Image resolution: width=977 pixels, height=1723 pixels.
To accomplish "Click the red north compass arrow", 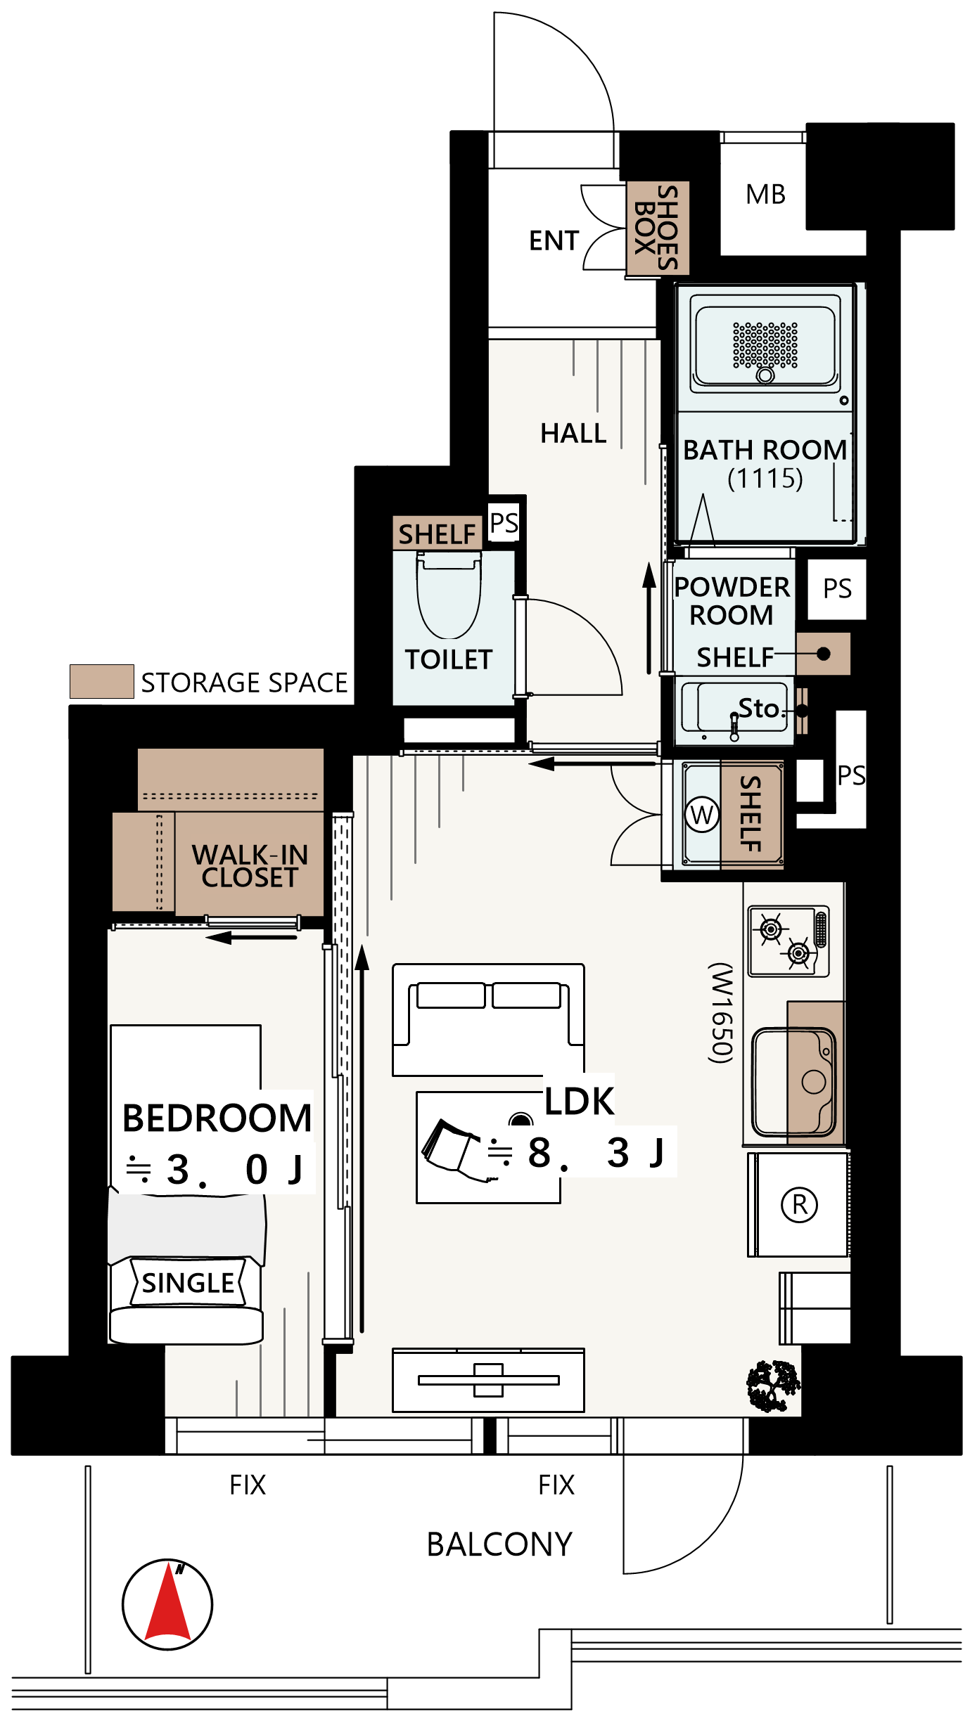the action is coord(167,1603).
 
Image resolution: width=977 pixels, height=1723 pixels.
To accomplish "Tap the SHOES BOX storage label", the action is coord(657,228).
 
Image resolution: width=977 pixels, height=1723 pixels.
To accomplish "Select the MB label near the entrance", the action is coord(765,195).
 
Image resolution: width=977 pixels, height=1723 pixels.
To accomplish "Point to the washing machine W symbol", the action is coord(702,815).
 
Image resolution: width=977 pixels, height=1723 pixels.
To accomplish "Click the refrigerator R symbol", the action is coord(800,1205).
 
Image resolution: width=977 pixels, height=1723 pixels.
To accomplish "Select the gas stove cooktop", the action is coord(788,941).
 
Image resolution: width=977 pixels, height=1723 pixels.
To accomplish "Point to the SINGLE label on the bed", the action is coord(188,1283).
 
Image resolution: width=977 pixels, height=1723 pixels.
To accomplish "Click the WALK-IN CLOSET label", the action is coord(250,866).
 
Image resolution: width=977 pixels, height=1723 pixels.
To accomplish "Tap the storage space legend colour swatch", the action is coord(102,681).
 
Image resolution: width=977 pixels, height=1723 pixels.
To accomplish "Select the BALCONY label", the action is coord(499,1545).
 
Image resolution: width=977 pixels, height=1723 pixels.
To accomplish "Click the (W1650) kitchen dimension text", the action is coord(722,1013).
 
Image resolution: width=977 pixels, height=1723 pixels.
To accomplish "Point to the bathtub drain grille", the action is coord(765,345).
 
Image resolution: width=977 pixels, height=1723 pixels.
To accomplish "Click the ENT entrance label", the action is coord(554,240).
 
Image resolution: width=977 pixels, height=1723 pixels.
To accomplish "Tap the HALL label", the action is coord(573,433).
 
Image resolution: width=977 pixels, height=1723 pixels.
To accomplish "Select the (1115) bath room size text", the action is coord(765,479).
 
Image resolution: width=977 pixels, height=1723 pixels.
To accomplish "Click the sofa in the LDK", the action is coord(488,1019).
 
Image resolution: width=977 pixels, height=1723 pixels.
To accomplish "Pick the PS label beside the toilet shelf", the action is coord(504,522).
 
